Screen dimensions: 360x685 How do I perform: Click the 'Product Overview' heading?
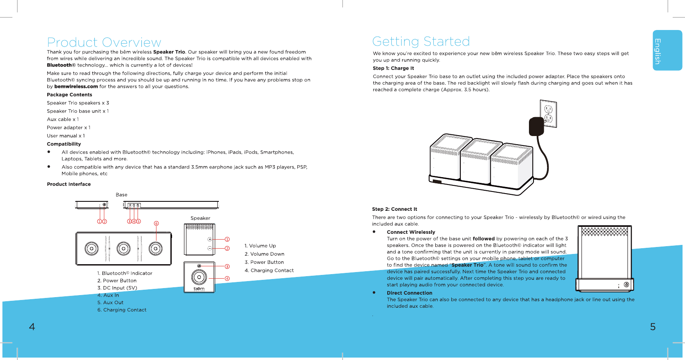[x=104, y=42]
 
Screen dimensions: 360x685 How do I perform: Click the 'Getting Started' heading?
[x=421, y=42]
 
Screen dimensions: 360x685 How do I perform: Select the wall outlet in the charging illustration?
[x=548, y=114]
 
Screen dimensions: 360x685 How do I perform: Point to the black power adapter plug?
[x=536, y=126]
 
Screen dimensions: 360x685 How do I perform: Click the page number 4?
[x=32, y=327]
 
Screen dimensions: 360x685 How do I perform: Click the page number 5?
[x=653, y=327]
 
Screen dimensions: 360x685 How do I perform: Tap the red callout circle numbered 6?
[x=156, y=224]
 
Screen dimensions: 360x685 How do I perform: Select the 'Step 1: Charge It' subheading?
[x=393, y=68]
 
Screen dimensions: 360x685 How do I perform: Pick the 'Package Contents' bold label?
[x=69, y=95]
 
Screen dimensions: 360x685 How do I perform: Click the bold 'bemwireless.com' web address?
[x=76, y=87]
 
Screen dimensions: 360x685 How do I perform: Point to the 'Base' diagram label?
[x=122, y=195]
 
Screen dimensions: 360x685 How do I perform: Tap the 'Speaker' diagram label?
[x=200, y=218]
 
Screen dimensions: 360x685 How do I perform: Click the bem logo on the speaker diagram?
[x=199, y=288]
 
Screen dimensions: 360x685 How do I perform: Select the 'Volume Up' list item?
[x=260, y=246]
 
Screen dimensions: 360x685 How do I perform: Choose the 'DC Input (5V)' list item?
[x=117, y=288]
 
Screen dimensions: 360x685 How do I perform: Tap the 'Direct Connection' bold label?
[x=409, y=293]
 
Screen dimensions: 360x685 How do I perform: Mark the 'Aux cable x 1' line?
[x=63, y=120]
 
